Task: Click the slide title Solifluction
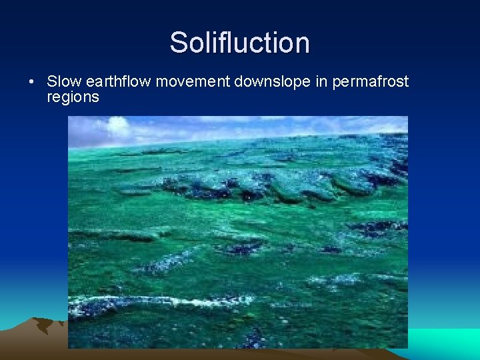(239, 43)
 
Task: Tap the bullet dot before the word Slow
(31, 82)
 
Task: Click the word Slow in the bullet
(62, 81)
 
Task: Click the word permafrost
(370, 82)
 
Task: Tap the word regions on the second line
(73, 97)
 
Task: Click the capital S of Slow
(51, 81)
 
